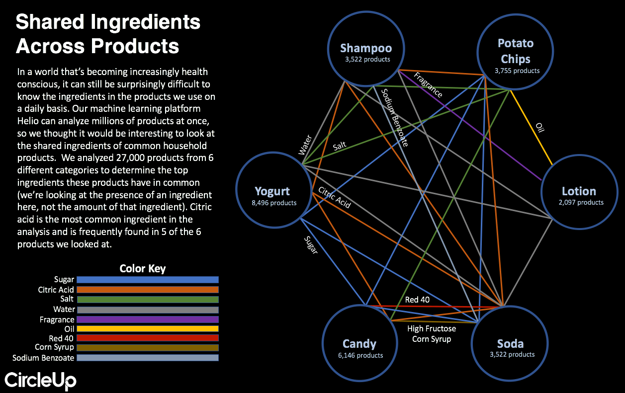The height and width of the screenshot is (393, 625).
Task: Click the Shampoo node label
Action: pos(366,49)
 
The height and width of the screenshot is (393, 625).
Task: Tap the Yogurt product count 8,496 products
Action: pos(274,203)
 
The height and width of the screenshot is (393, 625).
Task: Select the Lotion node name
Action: pos(579,191)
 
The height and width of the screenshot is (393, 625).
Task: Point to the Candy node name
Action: pos(359,344)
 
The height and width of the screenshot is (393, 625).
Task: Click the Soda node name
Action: pos(510,344)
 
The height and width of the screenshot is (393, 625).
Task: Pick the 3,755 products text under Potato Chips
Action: pos(517,71)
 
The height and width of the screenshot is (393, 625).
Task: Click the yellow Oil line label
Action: pos(540,128)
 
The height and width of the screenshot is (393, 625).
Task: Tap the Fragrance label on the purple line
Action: pos(428,85)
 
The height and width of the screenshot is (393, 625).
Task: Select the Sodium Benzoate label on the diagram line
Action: pos(395,118)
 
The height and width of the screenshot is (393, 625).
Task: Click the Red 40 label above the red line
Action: pos(417,300)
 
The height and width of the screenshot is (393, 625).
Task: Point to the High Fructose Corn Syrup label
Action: pos(432,334)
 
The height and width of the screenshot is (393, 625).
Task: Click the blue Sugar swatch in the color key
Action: pos(148,280)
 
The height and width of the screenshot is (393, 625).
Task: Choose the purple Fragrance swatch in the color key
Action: pos(148,319)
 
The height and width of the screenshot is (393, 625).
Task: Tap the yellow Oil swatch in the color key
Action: pos(148,329)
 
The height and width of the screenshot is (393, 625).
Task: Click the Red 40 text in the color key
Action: pos(61,338)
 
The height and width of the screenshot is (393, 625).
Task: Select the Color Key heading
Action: pos(143,268)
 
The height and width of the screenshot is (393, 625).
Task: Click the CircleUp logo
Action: pos(40,381)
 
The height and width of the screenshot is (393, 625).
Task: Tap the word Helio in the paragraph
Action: pos(28,121)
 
